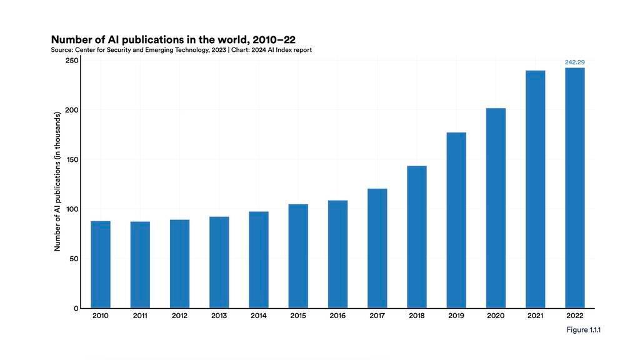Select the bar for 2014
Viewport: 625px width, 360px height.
(259, 259)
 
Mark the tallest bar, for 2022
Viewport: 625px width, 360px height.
(575, 187)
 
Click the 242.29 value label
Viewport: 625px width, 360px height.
(574, 62)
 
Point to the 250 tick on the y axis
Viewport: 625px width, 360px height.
(71, 61)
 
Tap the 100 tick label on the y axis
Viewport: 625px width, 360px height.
(71, 209)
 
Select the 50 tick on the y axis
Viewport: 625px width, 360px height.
(73, 259)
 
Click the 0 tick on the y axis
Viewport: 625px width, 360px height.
(76, 308)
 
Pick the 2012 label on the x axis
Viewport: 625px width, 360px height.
(179, 316)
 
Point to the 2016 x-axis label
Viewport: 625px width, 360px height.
(337, 316)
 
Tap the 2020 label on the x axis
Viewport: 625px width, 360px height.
(496, 316)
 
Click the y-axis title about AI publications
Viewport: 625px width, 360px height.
(57, 181)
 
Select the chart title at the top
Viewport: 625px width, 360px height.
(173, 39)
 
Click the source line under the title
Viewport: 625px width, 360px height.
(181, 50)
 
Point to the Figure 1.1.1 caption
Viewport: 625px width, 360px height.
(582, 330)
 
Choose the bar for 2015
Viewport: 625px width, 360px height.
(298, 256)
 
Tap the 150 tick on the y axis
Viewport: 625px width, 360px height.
(71, 160)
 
